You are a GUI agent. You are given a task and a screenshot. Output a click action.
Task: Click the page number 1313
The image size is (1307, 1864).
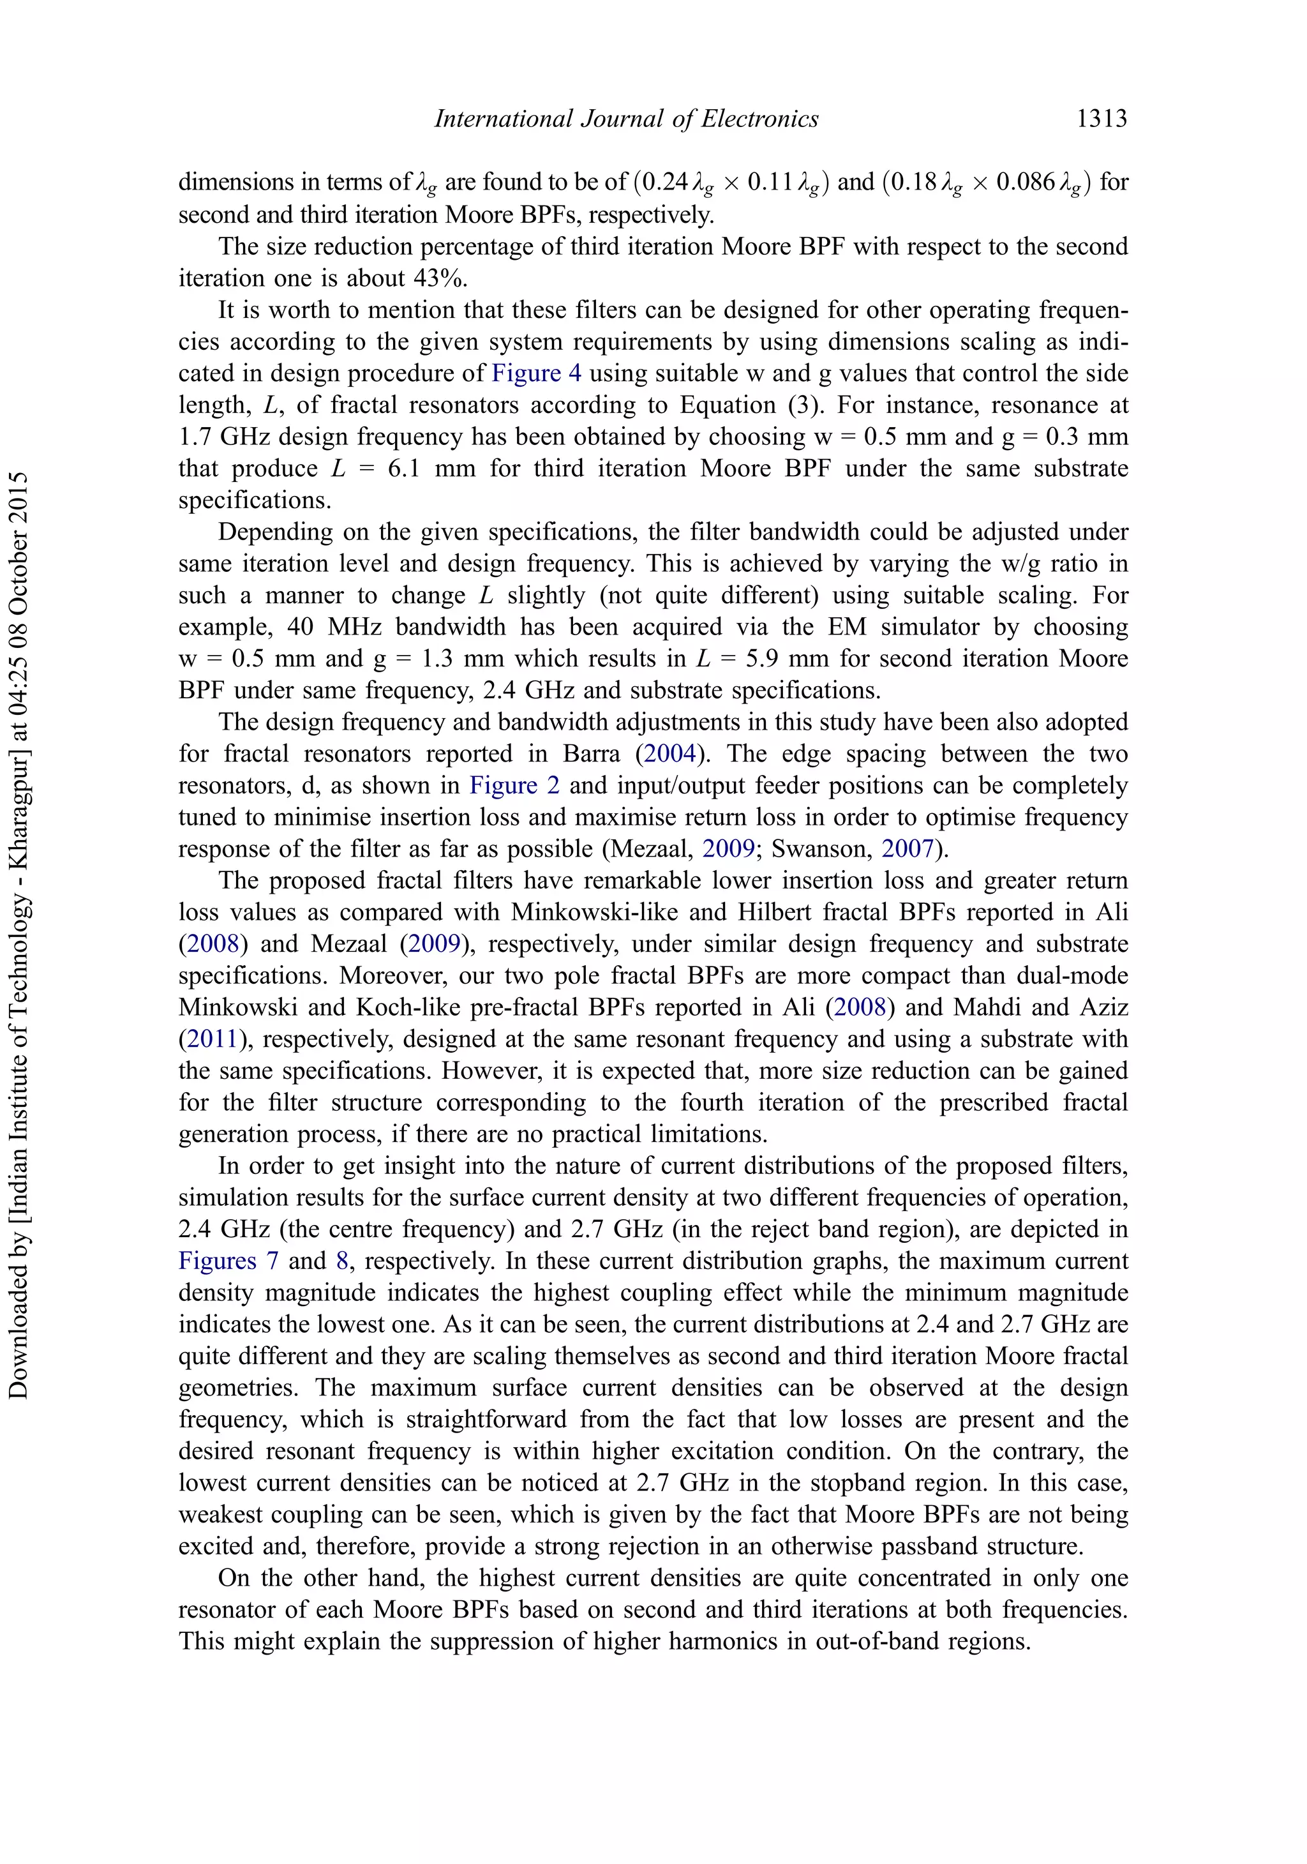(1101, 119)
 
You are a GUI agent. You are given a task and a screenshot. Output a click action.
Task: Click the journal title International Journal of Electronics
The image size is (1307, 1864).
(626, 119)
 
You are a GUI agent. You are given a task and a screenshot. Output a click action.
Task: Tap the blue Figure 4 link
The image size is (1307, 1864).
(537, 373)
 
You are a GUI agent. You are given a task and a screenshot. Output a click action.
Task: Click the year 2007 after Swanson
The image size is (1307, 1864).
(908, 849)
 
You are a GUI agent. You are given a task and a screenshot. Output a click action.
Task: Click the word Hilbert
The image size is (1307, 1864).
(776, 912)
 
